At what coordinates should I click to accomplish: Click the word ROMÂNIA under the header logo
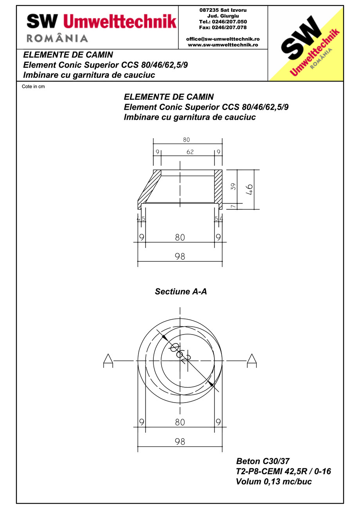[57, 38]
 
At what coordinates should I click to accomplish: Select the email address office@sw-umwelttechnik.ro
[223, 39]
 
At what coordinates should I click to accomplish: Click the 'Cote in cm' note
[33, 86]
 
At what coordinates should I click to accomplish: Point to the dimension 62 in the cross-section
[190, 152]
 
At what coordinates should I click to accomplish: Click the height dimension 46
[250, 189]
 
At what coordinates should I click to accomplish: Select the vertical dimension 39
[234, 187]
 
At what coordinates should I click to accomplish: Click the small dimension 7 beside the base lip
[234, 206]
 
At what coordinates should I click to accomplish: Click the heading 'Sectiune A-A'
[180, 291]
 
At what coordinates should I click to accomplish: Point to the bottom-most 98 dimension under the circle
[180, 441]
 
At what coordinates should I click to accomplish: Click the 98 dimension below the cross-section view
[180, 256]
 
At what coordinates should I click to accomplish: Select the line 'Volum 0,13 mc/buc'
[274, 482]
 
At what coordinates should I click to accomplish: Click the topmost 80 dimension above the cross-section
[186, 140]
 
